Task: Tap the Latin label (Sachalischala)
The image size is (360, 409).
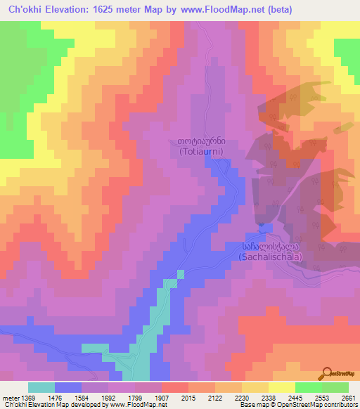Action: [x=271, y=257]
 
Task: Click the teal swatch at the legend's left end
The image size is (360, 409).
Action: [x=41, y=387]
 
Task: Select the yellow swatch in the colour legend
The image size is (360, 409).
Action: [x=282, y=387]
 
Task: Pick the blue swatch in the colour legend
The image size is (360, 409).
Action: [x=68, y=387]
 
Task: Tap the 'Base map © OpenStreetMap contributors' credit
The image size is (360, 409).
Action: [x=298, y=405]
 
